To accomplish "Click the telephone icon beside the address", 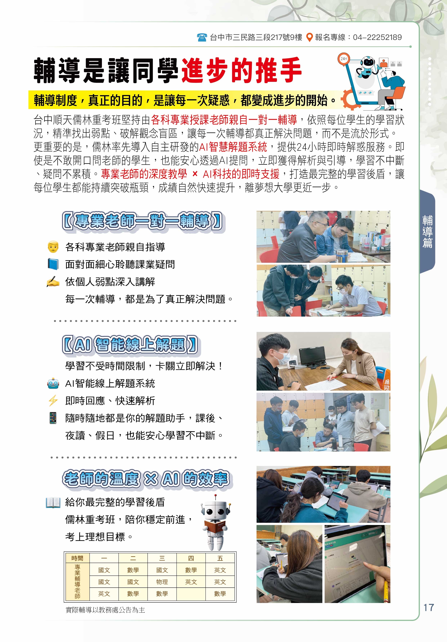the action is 202,37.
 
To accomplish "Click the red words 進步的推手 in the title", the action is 242,70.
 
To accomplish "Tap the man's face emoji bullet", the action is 53,247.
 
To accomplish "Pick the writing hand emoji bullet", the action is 53,282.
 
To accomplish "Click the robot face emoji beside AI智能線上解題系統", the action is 53,383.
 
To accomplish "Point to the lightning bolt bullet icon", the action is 53,401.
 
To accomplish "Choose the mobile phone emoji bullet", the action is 53,418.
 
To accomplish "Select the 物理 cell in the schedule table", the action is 162,582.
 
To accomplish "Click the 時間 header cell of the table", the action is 77,558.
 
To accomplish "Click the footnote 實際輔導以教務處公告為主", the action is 105,610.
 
